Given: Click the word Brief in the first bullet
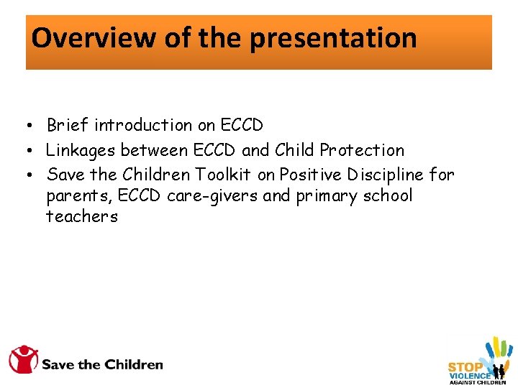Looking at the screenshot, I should click(x=68, y=125).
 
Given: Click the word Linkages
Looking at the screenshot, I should click(x=81, y=150).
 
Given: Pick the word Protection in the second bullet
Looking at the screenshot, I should click(x=362, y=150).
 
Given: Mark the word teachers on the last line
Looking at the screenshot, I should click(x=81, y=217).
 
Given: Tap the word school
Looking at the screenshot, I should click(x=388, y=196).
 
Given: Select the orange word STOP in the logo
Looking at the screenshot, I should click(x=465, y=366).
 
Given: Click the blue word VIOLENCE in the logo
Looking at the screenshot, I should click(x=470, y=376).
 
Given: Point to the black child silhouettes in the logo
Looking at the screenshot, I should click(x=498, y=372).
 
